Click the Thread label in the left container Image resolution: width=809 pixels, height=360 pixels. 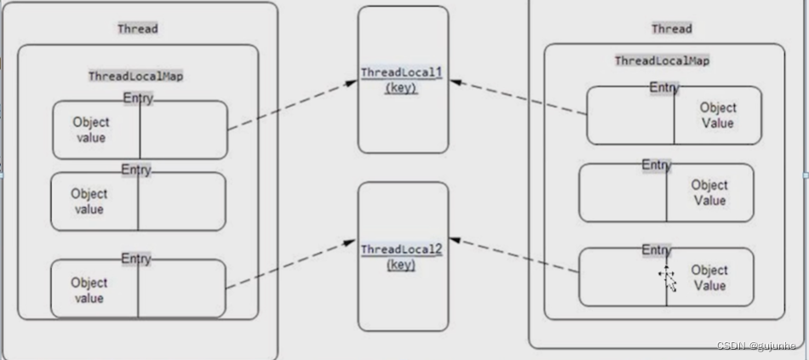[137, 28]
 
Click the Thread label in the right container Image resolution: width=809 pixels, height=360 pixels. [671, 28]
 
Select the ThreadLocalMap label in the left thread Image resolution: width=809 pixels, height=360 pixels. [136, 76]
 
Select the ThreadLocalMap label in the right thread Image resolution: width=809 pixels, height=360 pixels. [662, 60]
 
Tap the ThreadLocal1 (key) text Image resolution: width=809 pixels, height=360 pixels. [401, 79]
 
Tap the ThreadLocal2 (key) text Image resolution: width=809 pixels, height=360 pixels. [401, 256]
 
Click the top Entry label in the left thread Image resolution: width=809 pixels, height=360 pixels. [137, 98]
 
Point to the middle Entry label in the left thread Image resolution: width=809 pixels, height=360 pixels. [135, 169]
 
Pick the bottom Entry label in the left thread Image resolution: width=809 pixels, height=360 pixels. [135, 257]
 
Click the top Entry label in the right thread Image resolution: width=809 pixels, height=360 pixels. [664, 87]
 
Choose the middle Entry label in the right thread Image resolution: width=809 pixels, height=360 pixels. [656, 164]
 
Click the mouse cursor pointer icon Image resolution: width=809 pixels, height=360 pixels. [668, 278]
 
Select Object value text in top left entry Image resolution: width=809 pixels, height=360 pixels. [89, 129]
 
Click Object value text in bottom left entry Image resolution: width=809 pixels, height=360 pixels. [89, 290]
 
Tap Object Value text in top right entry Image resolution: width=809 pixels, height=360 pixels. [717, 115]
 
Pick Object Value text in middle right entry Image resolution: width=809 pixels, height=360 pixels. [709, 192]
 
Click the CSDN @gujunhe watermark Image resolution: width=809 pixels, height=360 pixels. [755, 346]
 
